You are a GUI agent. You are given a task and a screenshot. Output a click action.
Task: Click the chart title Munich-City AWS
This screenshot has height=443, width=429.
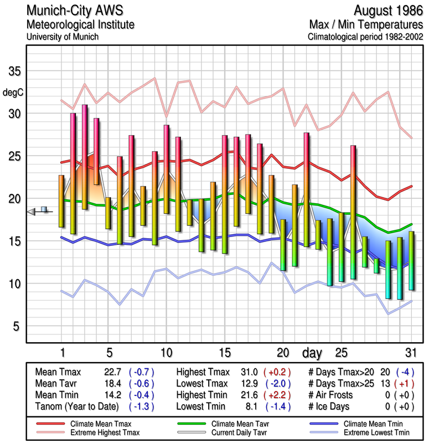point(75,11)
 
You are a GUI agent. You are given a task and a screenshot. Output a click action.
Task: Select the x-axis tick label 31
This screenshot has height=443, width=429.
point(410,352)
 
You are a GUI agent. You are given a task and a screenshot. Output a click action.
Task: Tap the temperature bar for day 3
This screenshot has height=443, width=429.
point(85,157)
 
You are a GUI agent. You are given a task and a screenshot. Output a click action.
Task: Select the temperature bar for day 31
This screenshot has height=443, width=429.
point(411,260)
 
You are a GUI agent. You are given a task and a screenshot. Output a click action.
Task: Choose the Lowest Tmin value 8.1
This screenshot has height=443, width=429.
point(250,407)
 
